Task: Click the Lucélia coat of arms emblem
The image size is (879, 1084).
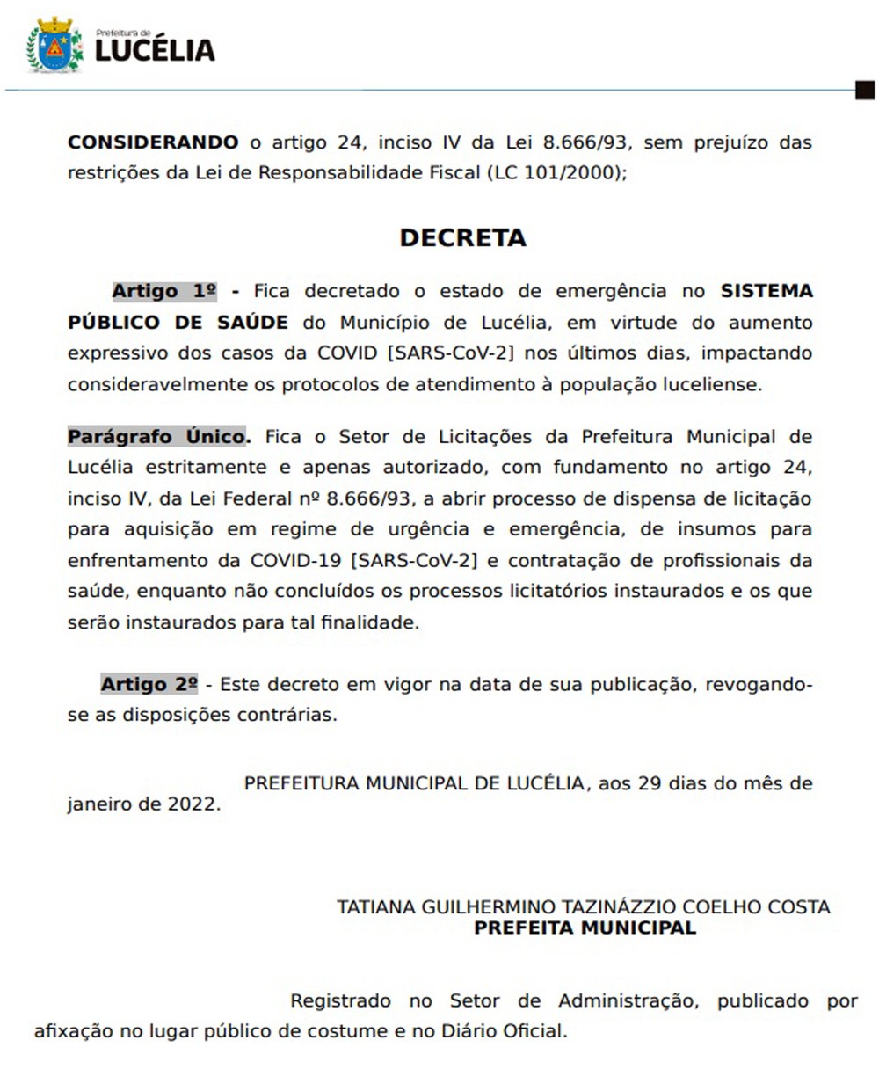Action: (54, 46)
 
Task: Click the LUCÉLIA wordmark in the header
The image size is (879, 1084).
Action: (155, 50)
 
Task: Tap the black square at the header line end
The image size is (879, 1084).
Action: (865, 90)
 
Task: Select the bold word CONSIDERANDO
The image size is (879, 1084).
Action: (153, 142)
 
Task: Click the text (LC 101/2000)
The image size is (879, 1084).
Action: (557, 173)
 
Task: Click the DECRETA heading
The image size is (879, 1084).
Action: (462, 238)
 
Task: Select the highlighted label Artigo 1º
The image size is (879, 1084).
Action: (164, 291)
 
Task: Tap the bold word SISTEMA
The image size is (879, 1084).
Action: (766, 291)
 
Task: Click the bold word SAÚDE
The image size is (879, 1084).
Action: (252, 323)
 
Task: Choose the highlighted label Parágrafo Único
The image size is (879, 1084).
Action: (159, 437)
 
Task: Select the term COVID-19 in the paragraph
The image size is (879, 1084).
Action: (296, 560)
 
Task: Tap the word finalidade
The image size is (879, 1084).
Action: (367, 622)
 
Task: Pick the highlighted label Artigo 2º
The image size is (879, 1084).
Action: (149, 684)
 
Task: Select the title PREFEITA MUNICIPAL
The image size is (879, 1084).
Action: (585, 928)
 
